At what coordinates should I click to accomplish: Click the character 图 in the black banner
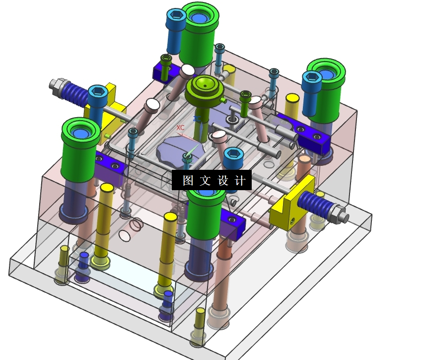tap(188, 180)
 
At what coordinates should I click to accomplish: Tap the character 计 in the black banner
tap(240, 180)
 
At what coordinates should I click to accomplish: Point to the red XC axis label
tap(180, 128)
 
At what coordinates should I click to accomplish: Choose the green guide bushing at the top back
tap(200, 34)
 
